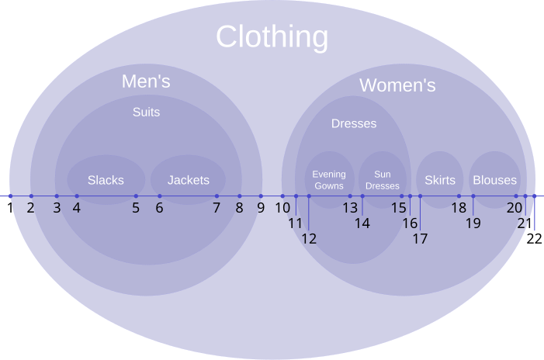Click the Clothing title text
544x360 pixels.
pyautogui.click(x=272, y=37)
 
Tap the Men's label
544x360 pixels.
pyautogui.click(x=146, y=81)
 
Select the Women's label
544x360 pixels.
pyautogui.click(x=397, y=85)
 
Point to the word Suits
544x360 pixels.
pyautogui.click(x=146, y=112)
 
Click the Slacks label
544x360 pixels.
pyautogui.click(x=106, y=180)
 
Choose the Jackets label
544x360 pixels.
pyautogui.click(x=189, y=180)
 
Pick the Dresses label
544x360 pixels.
pyautogui.click(x=354, y=123)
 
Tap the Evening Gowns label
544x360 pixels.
pyautogui.click(x=329, y=180)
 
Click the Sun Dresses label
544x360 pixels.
pyautogui.click(x=383, y=180)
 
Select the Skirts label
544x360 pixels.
pyautogui.click(x=440, y=180)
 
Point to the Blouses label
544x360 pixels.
pyautogui.click(x=495, y=180)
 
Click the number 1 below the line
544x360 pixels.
pyautogui.click(x=10, y=208)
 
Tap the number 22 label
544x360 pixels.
pyautogui.click(x=534, y=239)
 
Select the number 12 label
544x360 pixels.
pyautogui.click(x=309, y=239)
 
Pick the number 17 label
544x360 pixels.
pyautogui.click(x=420, y=239)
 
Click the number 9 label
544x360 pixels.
pyautogui.click(x=261, y=208)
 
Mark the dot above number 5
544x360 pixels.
pyautogui.click(x=136, y=196)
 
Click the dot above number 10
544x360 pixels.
pyautogui.click(x=282, y=196)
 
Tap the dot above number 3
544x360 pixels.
pyautogui.click(x=57, y=196)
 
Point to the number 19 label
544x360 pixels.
pyautogui.click(x=473, y=223)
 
